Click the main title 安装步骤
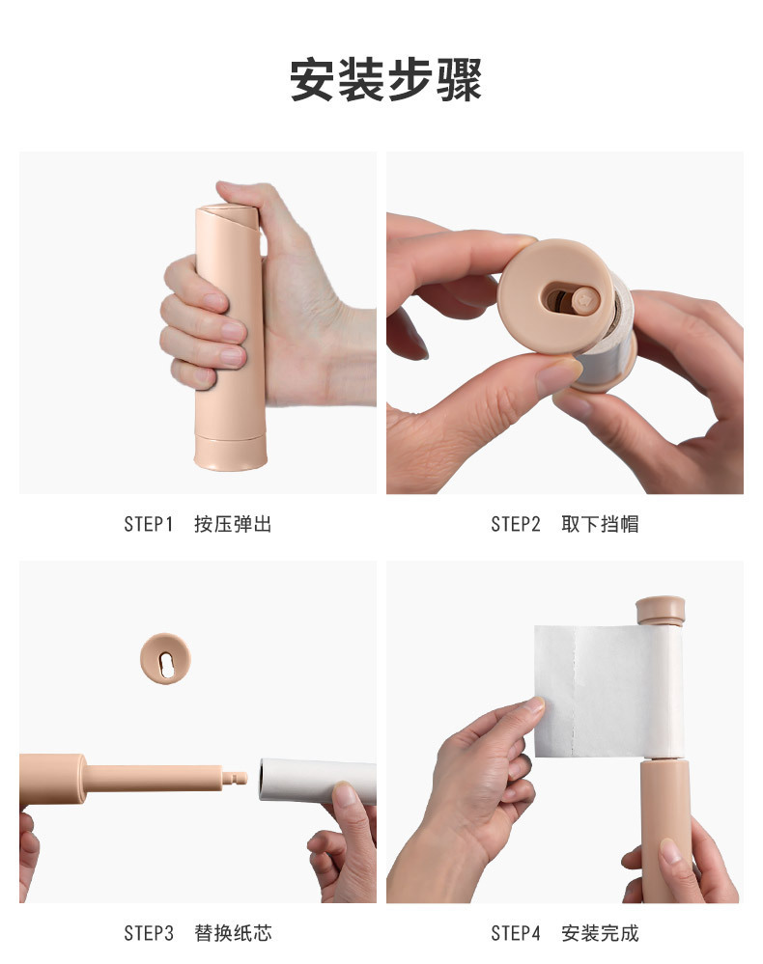coord(385,80)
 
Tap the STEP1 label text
coord(148,525)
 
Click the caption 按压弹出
coord(233,525)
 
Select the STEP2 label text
coord(515,525)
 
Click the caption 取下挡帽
coord(600,525)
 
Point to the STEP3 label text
coord(148,933)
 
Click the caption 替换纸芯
coord(233,933)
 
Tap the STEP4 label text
coord(515,933)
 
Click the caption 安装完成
coord(600,933)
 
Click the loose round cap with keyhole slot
coord(165,660)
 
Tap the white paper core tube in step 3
coord(314,781)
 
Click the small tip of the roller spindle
coord(239,776)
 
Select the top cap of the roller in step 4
coord(660,610)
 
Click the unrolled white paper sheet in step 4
coord(604,690)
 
